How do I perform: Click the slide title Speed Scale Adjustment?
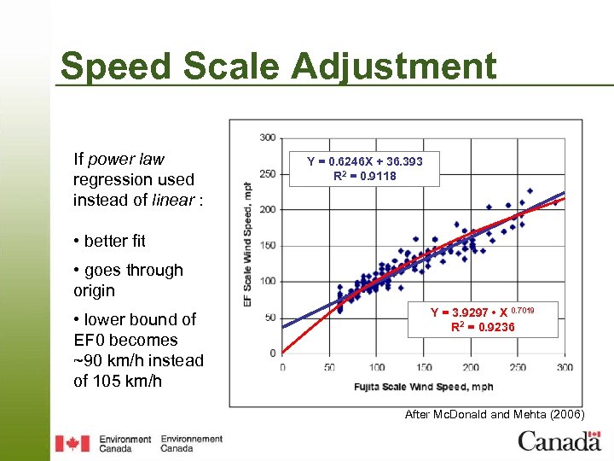point(278,67)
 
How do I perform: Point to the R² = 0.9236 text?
point(483,327)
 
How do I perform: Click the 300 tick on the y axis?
point(267,137)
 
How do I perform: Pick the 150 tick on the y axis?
point(267,245)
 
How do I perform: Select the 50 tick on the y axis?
point(269,318)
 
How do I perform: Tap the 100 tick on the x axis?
point(376,367)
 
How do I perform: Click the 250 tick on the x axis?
point(518,367)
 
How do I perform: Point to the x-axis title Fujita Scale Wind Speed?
point(424,387)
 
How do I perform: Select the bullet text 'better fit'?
point(114,241)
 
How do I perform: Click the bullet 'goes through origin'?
point(128,280)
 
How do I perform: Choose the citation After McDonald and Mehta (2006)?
point(495,414)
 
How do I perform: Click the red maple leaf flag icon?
point(72,443)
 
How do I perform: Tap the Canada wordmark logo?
point(559,441)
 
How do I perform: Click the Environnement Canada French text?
point(191,443)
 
